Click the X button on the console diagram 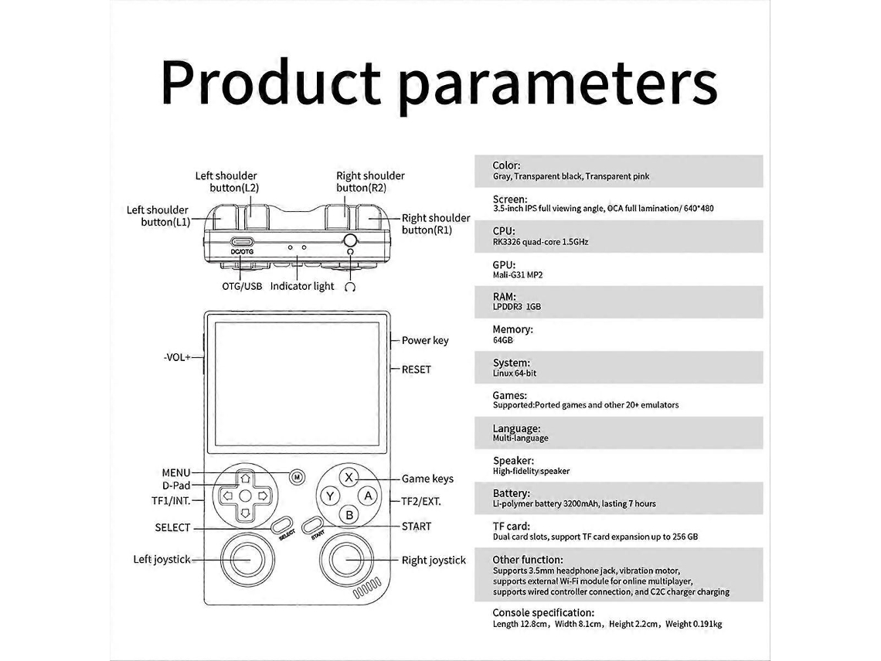pyautogui.click(x=349, y=477)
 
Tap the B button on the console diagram pyautogui.click(x=349, y=514)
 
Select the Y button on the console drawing pyautogui.click(x=331, y=496)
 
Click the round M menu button pyautogui.click(x=297, y=477)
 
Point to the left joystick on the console pyautogui.click(x=246, y=560)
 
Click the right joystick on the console pyautogui.click(x=346, y=560)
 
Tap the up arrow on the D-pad pyautogui.click(x=245, y=479)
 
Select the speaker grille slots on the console pyautogui.click(x=367, y=590)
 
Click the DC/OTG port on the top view pyautogui.click(x=242, y=242)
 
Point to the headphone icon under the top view pyautogui.click(x=351, y=287)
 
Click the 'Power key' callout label pyautogui.click(x=425, y=341)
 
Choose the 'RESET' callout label pyautogui.click(x=417, y=370)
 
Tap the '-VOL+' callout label pyautogui.click(x=177, y=357)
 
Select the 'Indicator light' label pyautogui.click(x=302, y=286)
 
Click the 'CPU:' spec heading pyautogui.click(x=504, y=231)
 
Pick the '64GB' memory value pyautogui.click(x=503, y=340)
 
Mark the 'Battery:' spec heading pyautogui.click(x=512, y=493)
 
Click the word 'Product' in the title pyautogui.click(x=271, y=83)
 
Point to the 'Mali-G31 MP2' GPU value pyautogui.click(x=518, y=275)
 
